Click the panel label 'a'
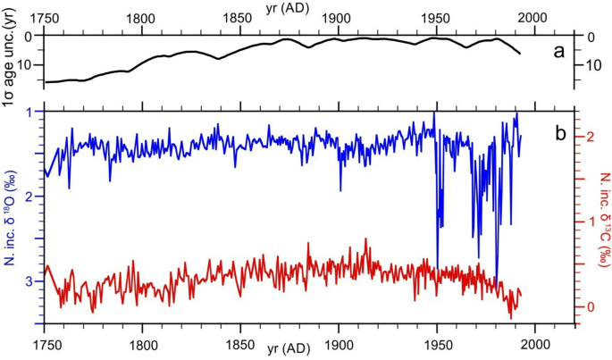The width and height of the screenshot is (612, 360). [558, 51]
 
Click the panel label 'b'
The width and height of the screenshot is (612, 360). [559, 134]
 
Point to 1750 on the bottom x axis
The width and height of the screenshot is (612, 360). [45, 345]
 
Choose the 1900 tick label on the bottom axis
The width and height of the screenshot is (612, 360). [339, 345]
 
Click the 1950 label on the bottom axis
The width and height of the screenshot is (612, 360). [437, 345]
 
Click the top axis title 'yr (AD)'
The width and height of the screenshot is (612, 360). [306, 7]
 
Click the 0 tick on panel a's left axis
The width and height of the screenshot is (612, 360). [29, 37]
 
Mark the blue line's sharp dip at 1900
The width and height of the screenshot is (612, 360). [340, 189]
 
